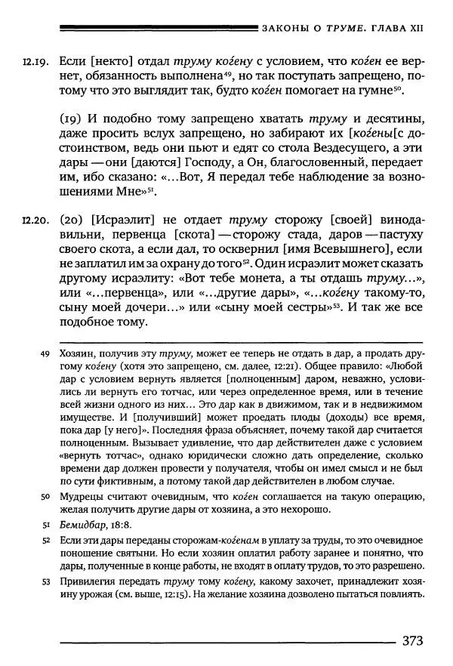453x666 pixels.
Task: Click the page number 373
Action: [x=412, y=642]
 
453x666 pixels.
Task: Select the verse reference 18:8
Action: [x=126, y=526]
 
